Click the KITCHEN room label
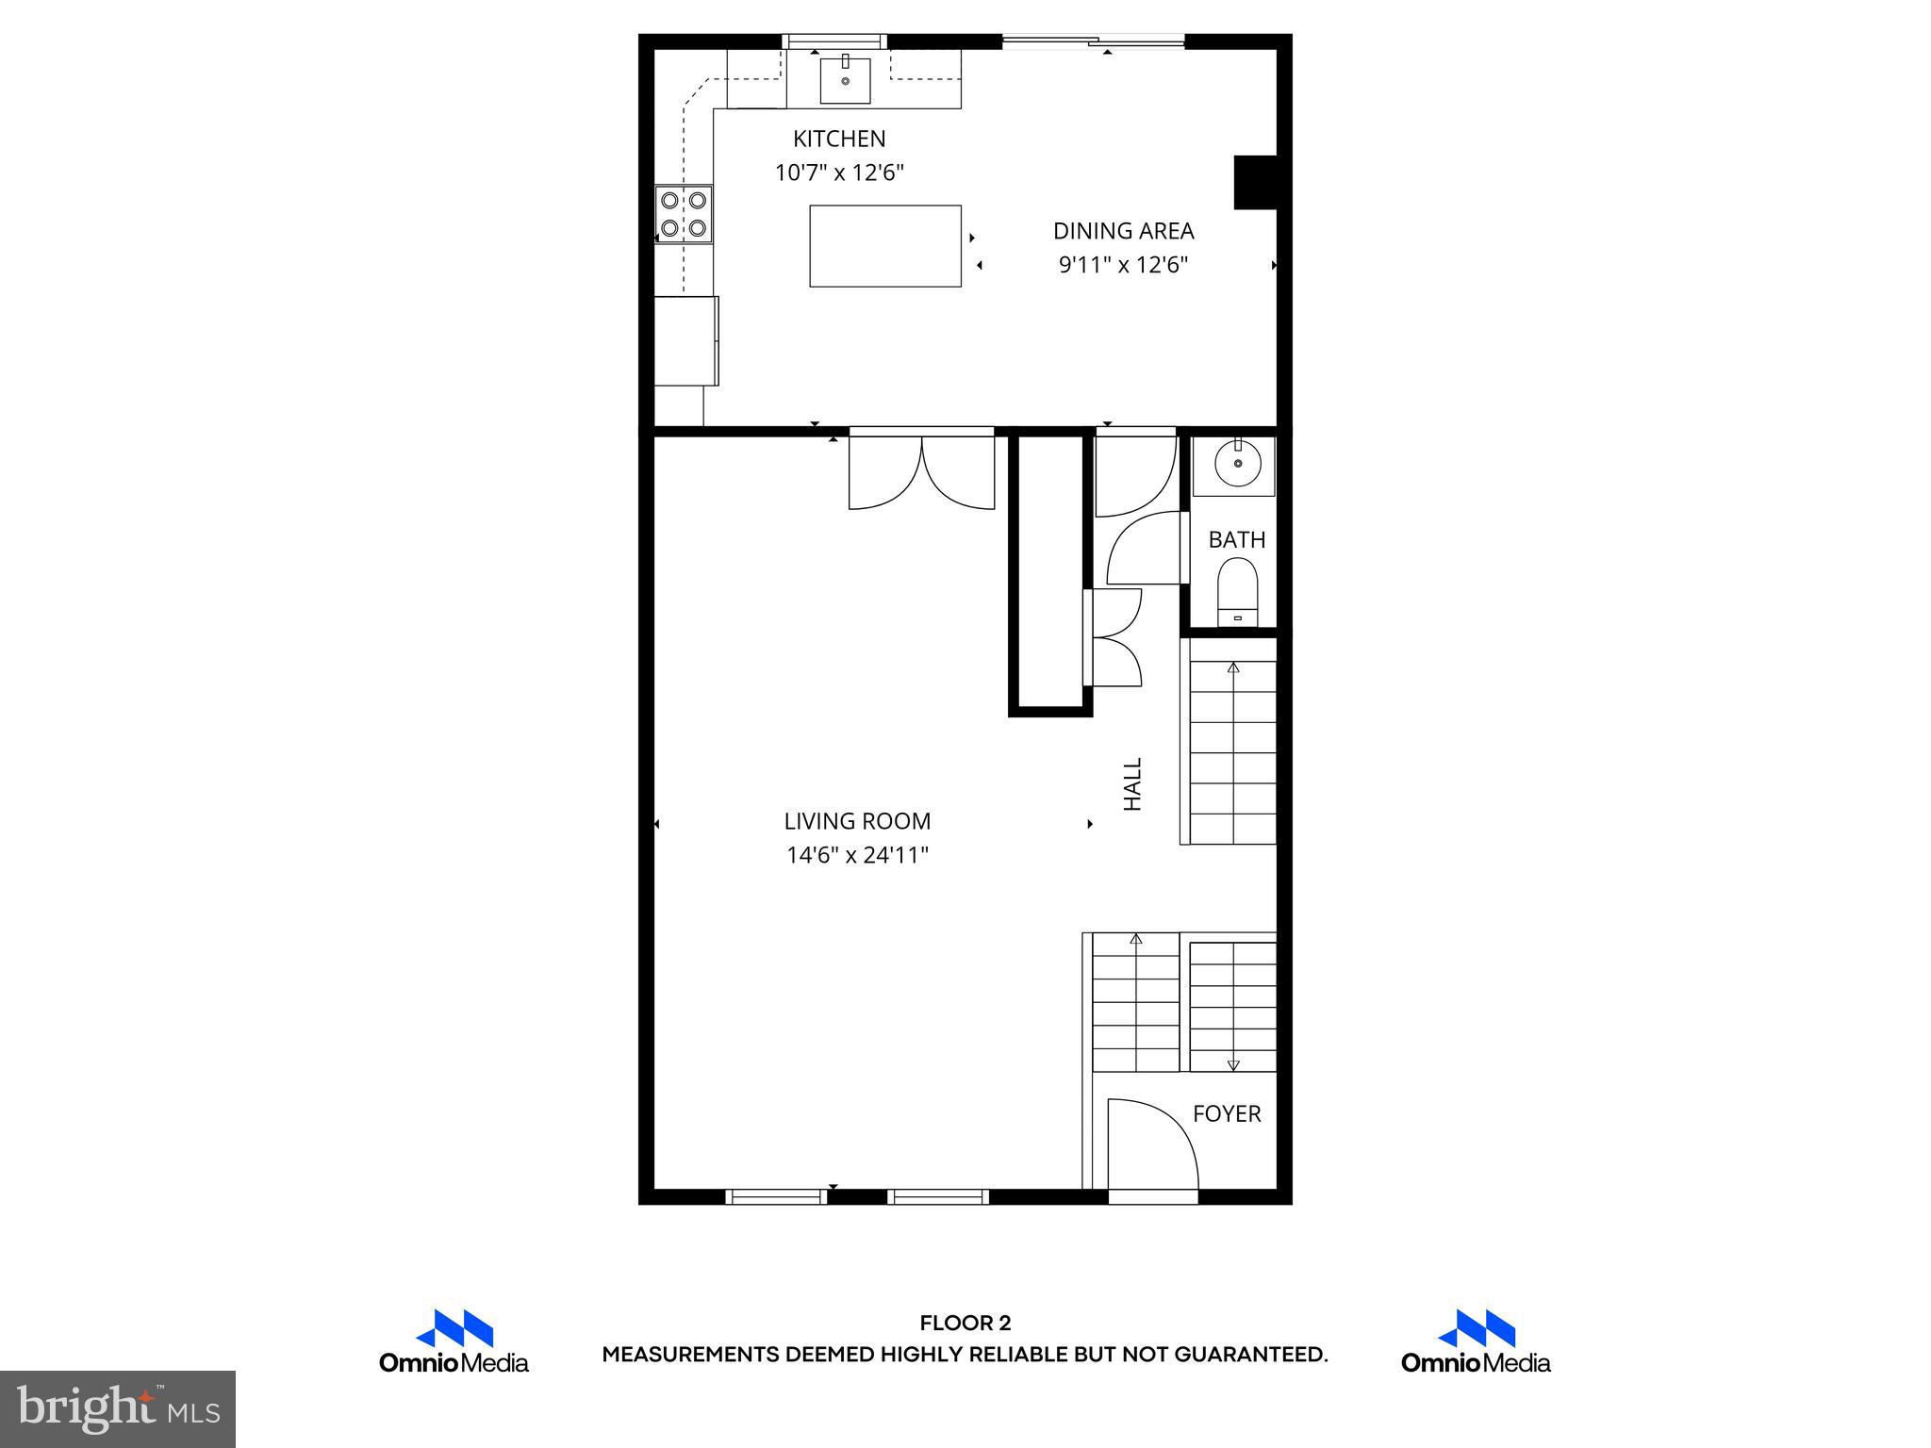pyautogui.click(x=839, y=139)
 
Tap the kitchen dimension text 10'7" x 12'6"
pyautogui.click(x=839, y=173)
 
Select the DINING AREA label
pyautogui.click(x=1123, y=231)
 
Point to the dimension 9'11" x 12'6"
pyautogui.click(x=1123, y=265)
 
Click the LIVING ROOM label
pyautogui.click(x=857, y=821)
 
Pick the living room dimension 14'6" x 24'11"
pyautogui.click(x=857, y=855)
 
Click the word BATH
pyautogui.click(x=1236, y=540)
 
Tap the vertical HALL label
pyautogui.click(x=1132, y=783)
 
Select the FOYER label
pyautogui.click(x=1226, y=1113)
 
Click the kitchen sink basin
pyautogui.click(x=845, y=79)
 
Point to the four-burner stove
pyautogui.click(x=684, y=214)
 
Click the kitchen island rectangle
pyautogui.click(x=884, y=245)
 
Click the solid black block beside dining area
pyautogui.click(x=1255, y=182)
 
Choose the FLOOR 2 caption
pyautogui.click(x=965, y=1324)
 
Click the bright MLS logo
pyautogui.click(x=118, y=1409)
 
